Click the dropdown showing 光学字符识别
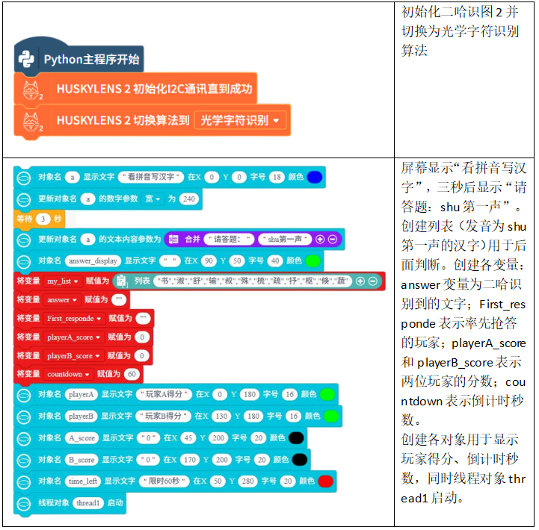(241, 119)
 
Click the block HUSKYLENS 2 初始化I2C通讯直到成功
(154, 89)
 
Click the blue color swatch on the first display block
(314, 177)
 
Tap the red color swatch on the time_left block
(325, 481)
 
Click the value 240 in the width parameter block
(188, 199)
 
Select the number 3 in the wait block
(43, 219)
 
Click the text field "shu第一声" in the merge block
(285, 239)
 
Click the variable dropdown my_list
(62, 281)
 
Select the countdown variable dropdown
(68, 374)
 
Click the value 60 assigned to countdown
(132, 374)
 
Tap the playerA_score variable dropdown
(73, 337)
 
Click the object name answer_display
(93, 261)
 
